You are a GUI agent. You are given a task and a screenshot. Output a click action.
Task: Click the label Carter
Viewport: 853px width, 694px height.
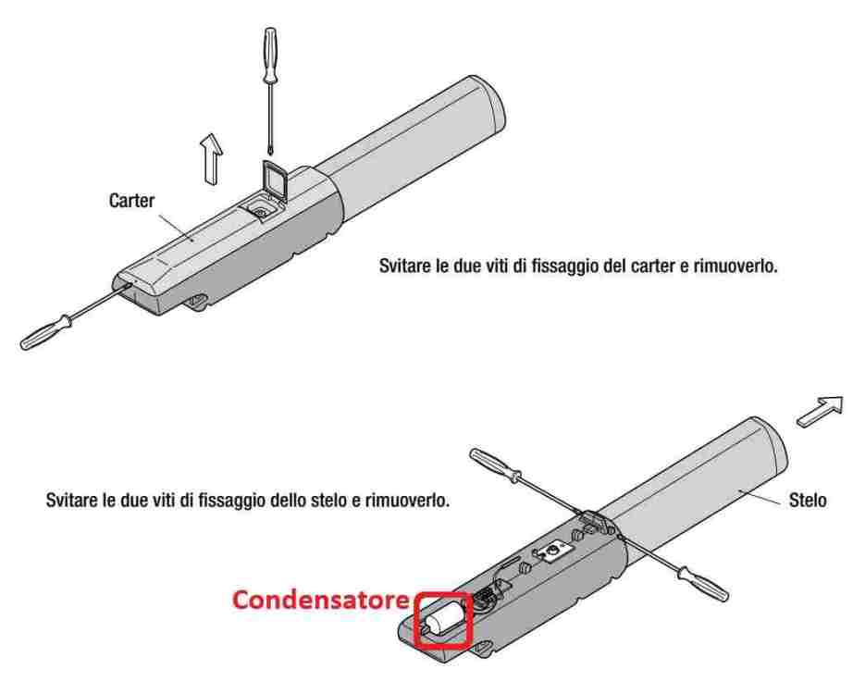point(131,200)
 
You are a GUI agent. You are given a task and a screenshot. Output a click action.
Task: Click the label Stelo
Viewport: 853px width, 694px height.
point(808,500)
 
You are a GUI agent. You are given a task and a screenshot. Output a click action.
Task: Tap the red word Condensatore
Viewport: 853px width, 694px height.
point(321,600)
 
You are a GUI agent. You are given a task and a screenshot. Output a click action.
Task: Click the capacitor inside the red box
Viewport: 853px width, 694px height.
point(444,619)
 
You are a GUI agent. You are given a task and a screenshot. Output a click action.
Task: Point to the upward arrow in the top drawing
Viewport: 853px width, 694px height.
point(211,159)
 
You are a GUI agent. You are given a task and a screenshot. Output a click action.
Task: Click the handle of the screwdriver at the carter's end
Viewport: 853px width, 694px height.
point(45,332)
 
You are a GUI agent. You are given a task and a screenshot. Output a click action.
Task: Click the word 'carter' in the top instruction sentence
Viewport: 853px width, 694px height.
point(651,266)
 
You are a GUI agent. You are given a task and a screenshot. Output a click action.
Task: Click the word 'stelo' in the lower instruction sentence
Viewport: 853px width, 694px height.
point(332,500)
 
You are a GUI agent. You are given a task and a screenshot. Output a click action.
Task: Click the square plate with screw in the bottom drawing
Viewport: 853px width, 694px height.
point(552,551)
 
